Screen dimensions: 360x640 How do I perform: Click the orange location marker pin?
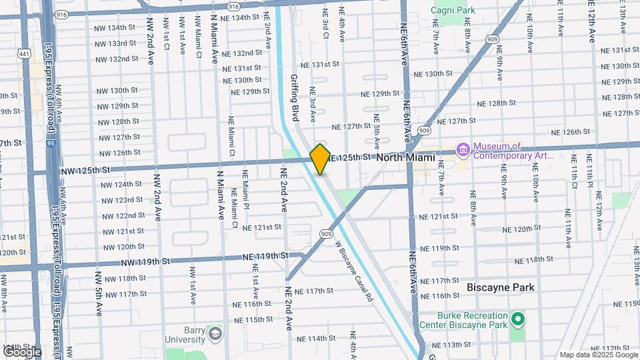pos(320,159)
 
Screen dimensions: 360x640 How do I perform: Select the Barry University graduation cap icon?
pos(214,333)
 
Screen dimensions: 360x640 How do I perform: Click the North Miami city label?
pos(405,157)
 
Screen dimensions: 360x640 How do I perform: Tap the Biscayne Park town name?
pos(501,287)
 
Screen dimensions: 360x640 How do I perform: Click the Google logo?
pos(21,352)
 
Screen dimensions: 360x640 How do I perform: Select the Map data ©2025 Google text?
pos(598,355)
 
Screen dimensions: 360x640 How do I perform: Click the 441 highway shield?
pos(25,53)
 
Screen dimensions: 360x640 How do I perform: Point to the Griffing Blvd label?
pos(294,97)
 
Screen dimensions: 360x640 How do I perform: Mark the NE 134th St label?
pos(236,17)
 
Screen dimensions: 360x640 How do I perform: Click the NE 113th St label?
pos(451,345)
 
